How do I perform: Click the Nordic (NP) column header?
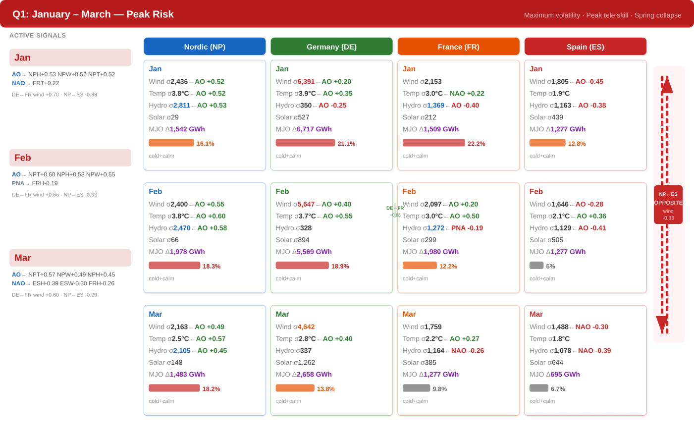(x=205, y=47)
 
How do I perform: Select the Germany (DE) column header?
(x=331, y=47)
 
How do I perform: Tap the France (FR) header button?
(x=459, y=47)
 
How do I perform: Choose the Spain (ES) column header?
(x=585, y=47)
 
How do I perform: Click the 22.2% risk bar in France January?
(x=434, y=143)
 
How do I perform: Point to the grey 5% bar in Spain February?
(x=536, y=266)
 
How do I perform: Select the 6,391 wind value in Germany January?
(x=306, y=82)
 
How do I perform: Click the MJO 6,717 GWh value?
(x=314, y=129)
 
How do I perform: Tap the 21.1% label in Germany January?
(x=346, y=144)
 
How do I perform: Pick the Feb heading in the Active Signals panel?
(x=23, y=158)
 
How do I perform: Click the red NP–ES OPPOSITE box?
(x=668, y=205)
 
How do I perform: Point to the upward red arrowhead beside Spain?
(x=667, y=85)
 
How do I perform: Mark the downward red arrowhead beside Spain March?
(x=662, y=324)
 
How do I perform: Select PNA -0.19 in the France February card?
(x=467, y=228)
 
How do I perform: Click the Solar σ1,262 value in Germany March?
(x=304, y=362)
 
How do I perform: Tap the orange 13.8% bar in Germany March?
(x=295, y=388)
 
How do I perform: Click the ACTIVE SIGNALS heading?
(x=38, y=35)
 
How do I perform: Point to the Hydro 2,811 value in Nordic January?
(x=182, y=106)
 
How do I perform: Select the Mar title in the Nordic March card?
(x=155, y=314)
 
